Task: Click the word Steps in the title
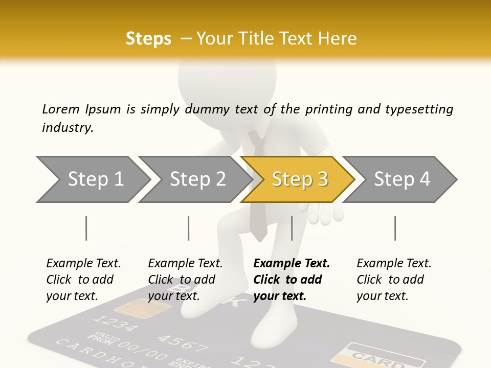pyautogui.click(x=148, y=39)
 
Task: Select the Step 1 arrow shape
pyautogui.click(x=92, y=179)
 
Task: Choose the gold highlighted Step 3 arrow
pyautogui.click(x=298, y=179)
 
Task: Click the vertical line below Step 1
pyautogui.click(x=86, y=228)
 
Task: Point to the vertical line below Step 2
pyautogui.click(x=189, y=228)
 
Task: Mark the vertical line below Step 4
pyautogui.click(x=395, y=228)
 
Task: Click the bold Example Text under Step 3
pyautogui.click(x=292, y=280)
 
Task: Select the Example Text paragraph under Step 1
pyautogui.click(x=83, y=280)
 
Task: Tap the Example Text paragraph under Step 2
pyautogui.click(x=185, y=280)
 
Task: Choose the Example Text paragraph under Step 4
pyautogui.click(x=394, y=280)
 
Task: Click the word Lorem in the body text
pyautogui.click(x=61, y=109)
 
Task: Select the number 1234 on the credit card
pyautogui.click(x=116, y=324)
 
